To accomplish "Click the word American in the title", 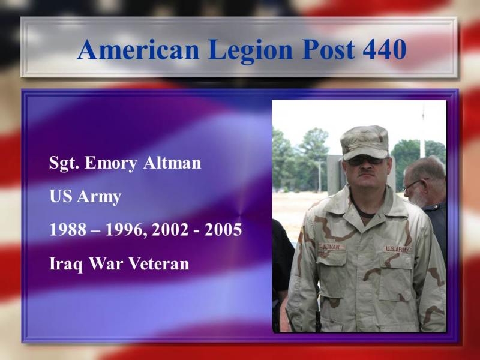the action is (139, 49).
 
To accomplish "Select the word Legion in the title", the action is (250, 51).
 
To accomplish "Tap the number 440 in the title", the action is (385, 49).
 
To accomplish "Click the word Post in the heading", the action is (328, 49).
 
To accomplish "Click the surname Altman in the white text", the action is (172, 163).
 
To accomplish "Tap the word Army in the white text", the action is (99, 197).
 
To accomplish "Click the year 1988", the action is (68, 230).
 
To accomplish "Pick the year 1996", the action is (124, 230).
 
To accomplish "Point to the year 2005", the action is (223, 230).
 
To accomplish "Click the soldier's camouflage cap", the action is (364, 142).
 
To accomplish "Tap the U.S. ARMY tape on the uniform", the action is (397, 249).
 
